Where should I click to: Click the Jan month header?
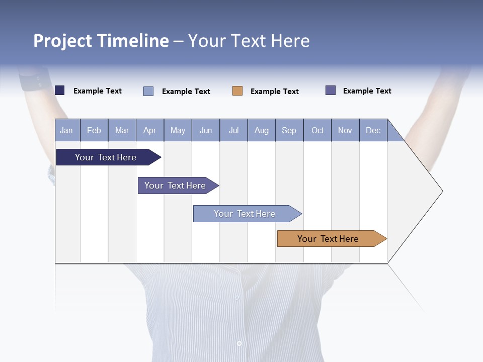click(x=67, y=131)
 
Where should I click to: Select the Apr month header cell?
click(x=150, y=131)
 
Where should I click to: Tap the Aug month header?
click(x=262, y=131)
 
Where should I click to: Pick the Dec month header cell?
click(x=373, y=131)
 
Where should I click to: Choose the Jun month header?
click(x=206, y=131)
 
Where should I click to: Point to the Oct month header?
click(x=317, y=131)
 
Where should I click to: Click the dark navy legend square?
click(x=60, y=90)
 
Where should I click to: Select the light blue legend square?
click(x=148, y=91)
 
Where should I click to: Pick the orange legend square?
click(x=237, y=91)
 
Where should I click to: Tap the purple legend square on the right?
click(x=331, y=90)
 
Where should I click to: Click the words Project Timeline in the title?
click(x=101, y=41)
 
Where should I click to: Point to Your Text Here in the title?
click(x=249, y=41)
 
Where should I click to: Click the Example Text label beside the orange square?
click(x=275, y=92)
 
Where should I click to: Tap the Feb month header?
click(x=94, y=131)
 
